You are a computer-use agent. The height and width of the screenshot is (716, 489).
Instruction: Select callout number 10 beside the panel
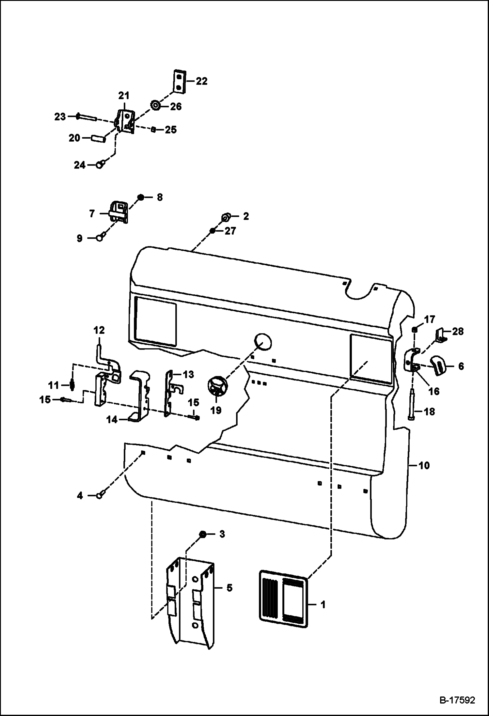pyautogui.click(x=424, y=465)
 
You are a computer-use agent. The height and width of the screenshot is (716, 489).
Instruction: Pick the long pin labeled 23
pyautogui.click(x=86, y=117)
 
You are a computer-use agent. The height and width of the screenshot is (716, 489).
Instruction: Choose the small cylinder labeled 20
pyautogui.click(x=98, y=139)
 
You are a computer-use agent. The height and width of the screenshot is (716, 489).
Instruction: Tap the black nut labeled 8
pyautogui.click(x=141, y=197)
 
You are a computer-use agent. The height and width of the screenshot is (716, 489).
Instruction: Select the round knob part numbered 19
pyautogui.click(x=216, y=387)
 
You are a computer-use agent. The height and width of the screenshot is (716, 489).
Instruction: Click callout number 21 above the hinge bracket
pyautogui.click(x=124, y=96)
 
